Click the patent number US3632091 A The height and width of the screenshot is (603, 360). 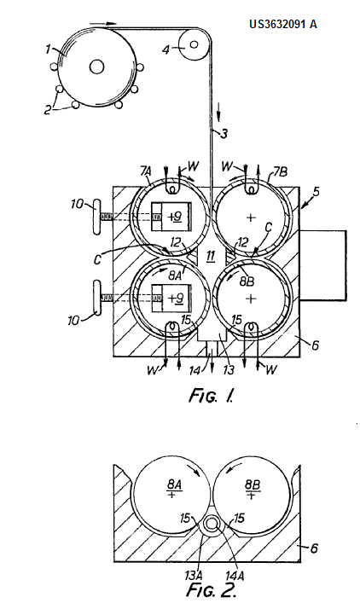[283, 24]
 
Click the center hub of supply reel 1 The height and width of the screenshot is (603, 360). [96, 67]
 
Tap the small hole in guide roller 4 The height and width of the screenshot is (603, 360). [194, 44]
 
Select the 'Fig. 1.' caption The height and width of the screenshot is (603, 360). [211, 396]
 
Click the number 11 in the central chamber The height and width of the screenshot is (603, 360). [211, 257]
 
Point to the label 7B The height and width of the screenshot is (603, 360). [281, 171]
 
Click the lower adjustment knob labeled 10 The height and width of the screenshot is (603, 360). [96, 298]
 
